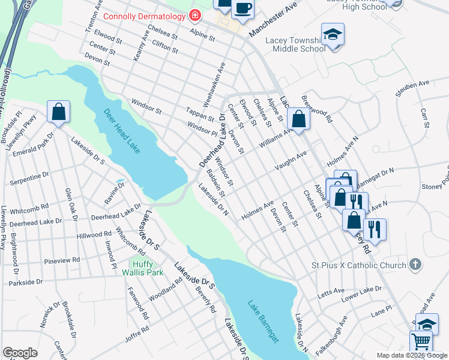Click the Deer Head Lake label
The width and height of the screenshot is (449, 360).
point(122,130)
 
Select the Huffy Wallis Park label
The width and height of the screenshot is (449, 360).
point(143,268)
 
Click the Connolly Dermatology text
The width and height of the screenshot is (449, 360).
point(144,16)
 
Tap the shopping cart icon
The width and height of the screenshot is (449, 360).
point(421,342)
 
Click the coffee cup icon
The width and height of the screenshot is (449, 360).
point(243,8)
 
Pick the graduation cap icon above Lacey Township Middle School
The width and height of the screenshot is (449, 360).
point(332,34)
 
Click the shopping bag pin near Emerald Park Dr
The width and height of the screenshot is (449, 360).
point(59,112)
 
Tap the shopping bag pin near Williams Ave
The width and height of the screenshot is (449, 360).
point(298,119)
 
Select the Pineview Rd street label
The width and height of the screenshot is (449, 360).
point(62,261)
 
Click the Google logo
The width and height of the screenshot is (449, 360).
point(20,353)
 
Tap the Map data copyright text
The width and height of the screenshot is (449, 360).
point(412,355)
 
